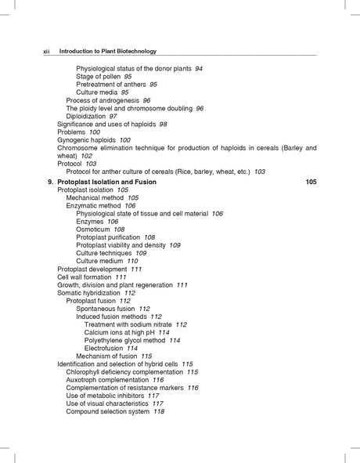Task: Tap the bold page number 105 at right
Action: (311, 182)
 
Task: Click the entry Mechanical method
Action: (96, 198)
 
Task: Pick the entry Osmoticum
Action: (95, 230)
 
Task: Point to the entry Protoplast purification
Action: (109, 237)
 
